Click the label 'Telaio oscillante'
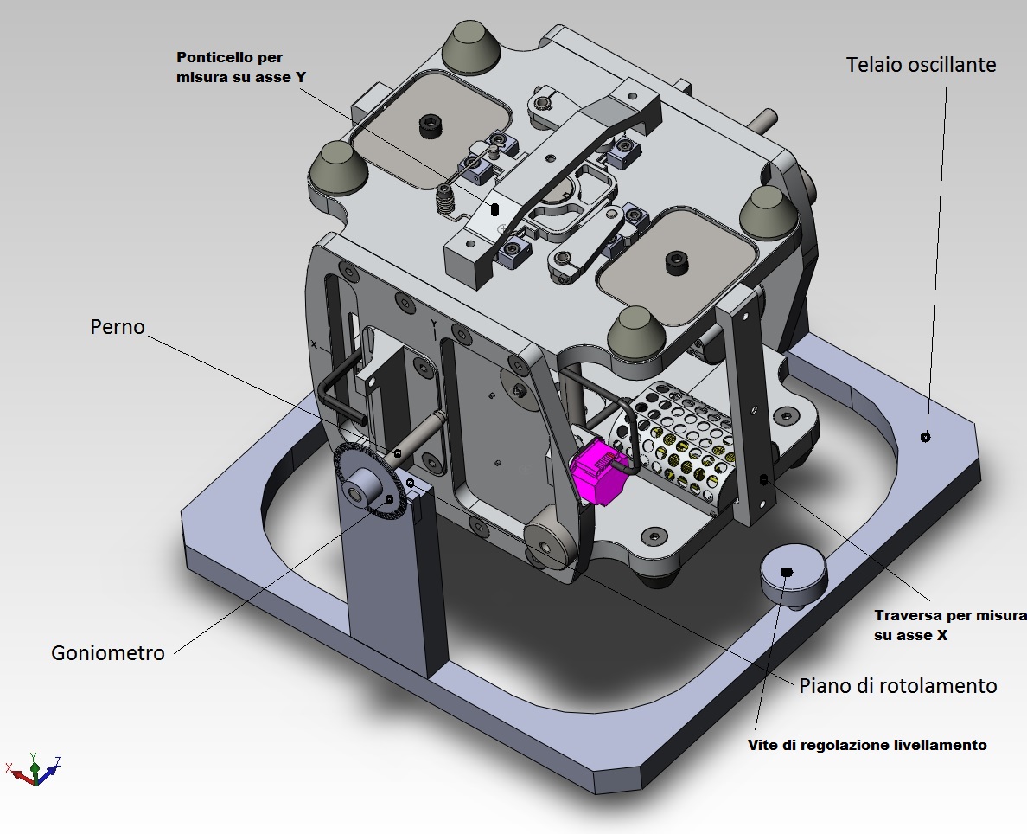click(922, 65)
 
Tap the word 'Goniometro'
click(107, 652)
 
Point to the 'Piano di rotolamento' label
click(898, 686)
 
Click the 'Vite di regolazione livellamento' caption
click(866, 745)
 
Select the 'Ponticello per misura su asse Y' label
click(240, 67)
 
